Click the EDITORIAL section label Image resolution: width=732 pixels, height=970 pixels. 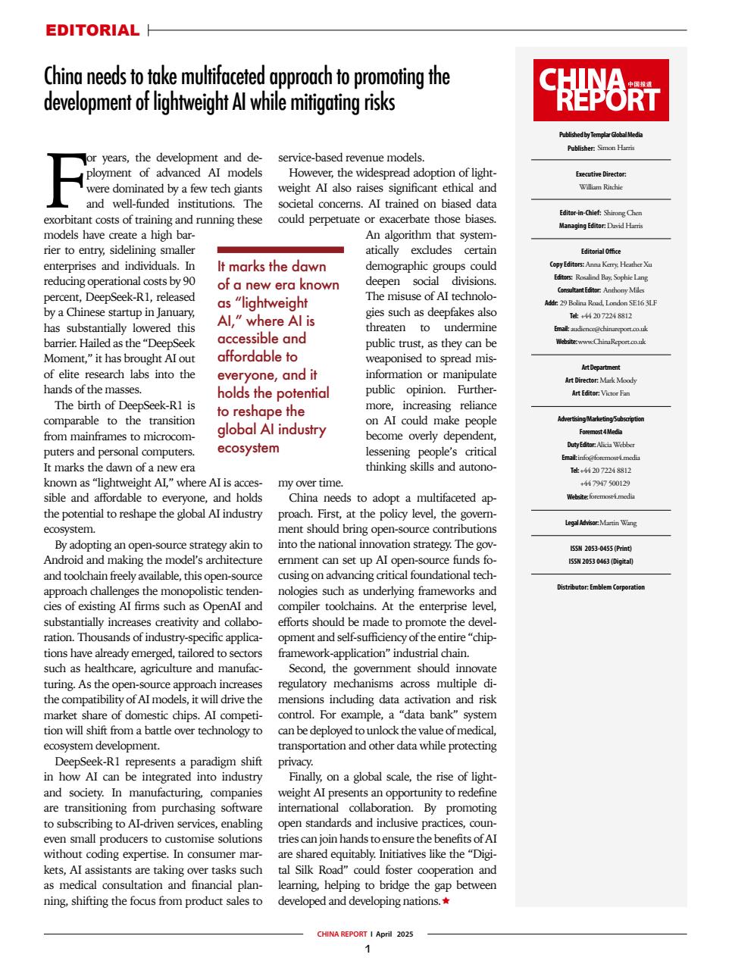click(x=92, y=30)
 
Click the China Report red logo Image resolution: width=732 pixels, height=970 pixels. click(x=600, y=90)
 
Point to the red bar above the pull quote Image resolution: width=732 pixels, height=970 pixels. click(x=280, y=249)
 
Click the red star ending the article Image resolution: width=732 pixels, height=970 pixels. click(x=446, y=901)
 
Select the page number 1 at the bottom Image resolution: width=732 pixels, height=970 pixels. click(x=367, y=950)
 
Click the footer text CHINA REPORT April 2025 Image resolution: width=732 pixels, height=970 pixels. click(x=365, y=934)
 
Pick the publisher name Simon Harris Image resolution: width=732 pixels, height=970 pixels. click(x=615, y=148)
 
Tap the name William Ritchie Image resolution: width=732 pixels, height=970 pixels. click(x=600, y=186)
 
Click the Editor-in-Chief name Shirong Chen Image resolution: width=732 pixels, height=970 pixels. click(x=622, y=213)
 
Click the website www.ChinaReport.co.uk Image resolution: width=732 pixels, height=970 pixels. click(x=611, y=341)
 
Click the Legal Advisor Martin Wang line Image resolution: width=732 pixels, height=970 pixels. click(x=600, y=523)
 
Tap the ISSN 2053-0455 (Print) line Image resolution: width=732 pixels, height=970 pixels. click(x=600, y=549)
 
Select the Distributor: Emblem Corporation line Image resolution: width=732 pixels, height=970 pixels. click(x=600, y=587)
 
